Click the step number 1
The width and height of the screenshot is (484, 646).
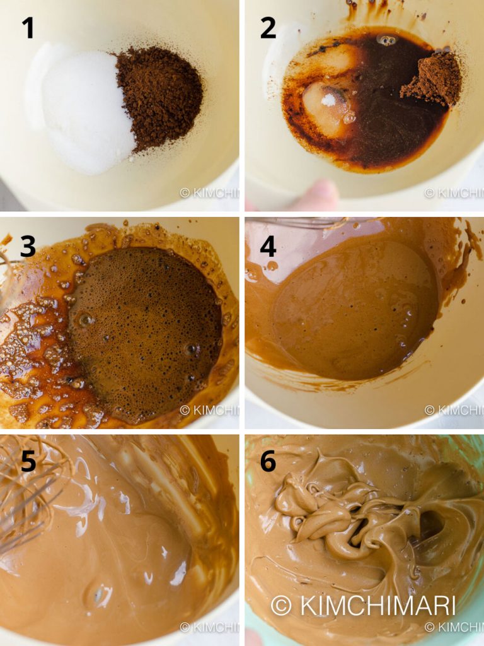pos(28,28)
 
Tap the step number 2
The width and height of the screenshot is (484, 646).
pos(268,28)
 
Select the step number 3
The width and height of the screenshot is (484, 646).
pos(28,247)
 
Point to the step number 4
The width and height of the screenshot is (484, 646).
pos(268,247)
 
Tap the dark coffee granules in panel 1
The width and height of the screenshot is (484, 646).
pos(161,91)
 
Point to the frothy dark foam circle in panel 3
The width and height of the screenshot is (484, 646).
pos(145,331)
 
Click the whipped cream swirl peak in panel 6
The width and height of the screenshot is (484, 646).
pos(328,505)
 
